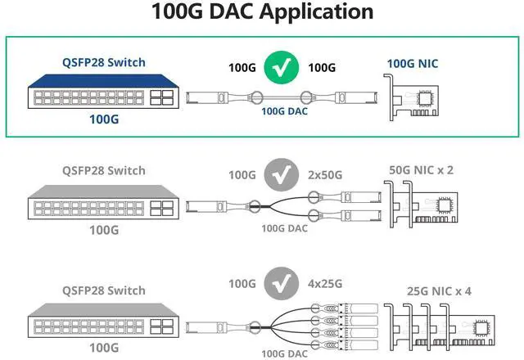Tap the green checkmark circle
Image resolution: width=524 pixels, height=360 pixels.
tap(283, 68)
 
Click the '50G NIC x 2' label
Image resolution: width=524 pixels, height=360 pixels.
tap(422, 170)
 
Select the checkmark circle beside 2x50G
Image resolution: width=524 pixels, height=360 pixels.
tap(283, 173)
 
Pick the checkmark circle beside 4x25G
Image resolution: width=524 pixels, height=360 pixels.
tap(283, 283)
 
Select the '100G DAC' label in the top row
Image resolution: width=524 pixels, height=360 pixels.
tap(284, 111)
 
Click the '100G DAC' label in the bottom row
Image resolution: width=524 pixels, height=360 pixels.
tap(284, 353)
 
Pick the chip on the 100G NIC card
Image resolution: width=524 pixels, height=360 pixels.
tap(429, 100)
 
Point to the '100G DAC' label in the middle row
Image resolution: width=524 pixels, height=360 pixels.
tap(284, 228)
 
